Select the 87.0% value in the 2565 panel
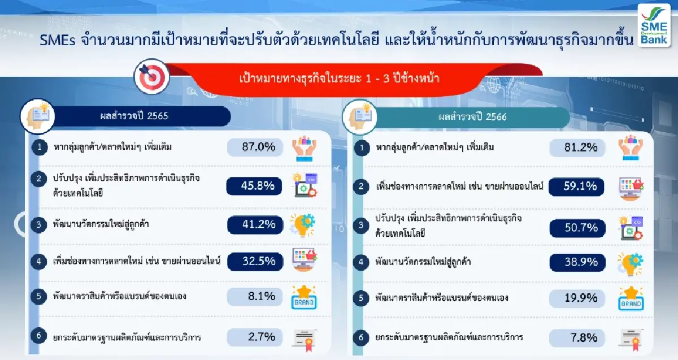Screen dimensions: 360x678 coord(254,148)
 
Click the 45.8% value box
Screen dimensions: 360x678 coord(254,186)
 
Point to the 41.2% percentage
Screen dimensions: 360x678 coord(254,225)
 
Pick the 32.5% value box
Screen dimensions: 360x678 coord(254,261)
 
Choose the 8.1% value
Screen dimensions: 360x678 coord(254,296)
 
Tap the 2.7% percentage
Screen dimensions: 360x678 coord(254,337)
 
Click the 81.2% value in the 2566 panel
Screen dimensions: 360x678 coord(577,148)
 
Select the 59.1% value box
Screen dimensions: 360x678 coord(577,186)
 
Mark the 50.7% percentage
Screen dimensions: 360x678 coord(577,228)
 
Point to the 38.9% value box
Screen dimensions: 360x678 coord(577,262)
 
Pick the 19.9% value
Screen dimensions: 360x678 coord(577,297)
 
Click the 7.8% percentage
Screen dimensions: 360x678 coord(577,338)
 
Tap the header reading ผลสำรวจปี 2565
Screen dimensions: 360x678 coord(131,117)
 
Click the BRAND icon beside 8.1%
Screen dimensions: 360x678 coord(303,297)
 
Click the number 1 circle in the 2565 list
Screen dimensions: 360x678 coord(38,148)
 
